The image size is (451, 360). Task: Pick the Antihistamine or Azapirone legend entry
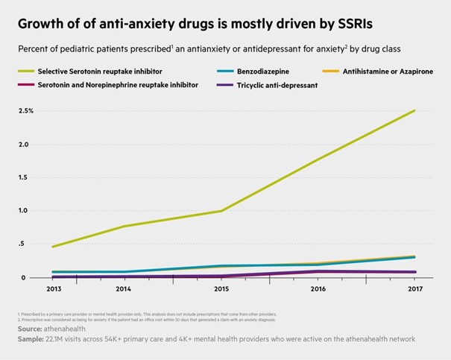coord(396,71)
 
